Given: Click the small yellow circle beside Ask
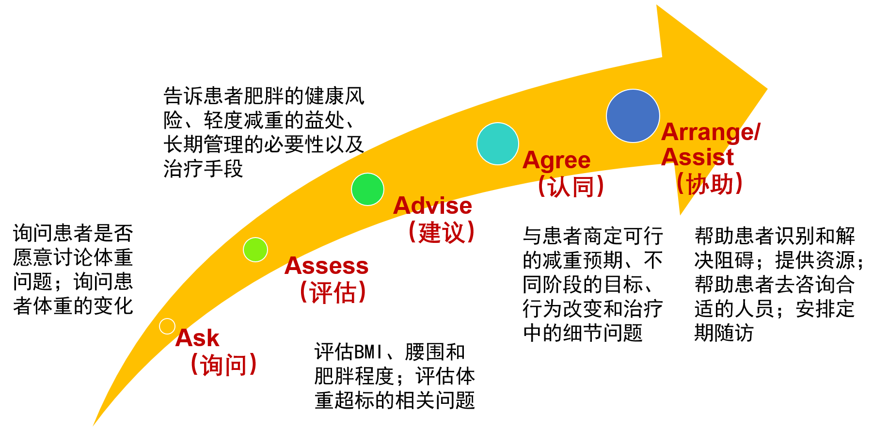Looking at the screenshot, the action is [167, 326].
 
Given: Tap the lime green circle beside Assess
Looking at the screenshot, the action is [255, 250].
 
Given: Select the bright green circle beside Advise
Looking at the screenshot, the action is [368, 190].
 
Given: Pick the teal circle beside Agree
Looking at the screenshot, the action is [498, 144].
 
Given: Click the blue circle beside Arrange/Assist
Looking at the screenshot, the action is [633, 116].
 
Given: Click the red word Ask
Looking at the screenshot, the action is [197, 338].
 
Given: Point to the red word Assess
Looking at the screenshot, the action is [327, 266].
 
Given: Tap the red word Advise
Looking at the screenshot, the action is [432, 206].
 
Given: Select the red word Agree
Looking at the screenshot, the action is [556, 161].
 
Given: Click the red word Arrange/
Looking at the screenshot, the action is [711, 132].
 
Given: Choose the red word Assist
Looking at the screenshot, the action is [698, 157].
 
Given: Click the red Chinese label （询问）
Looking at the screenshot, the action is [223, 365].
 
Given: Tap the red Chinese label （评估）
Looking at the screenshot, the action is [333, 292].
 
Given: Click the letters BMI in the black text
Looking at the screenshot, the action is [369, 352].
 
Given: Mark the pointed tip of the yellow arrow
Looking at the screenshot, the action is [767, 89].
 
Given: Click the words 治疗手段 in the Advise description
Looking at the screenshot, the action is [203, 169].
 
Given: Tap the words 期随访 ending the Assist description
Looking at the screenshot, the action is [724, 333].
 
